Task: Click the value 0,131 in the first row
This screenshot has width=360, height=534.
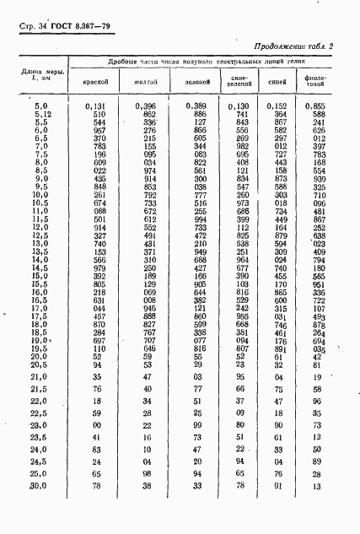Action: tap(96, 105)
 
